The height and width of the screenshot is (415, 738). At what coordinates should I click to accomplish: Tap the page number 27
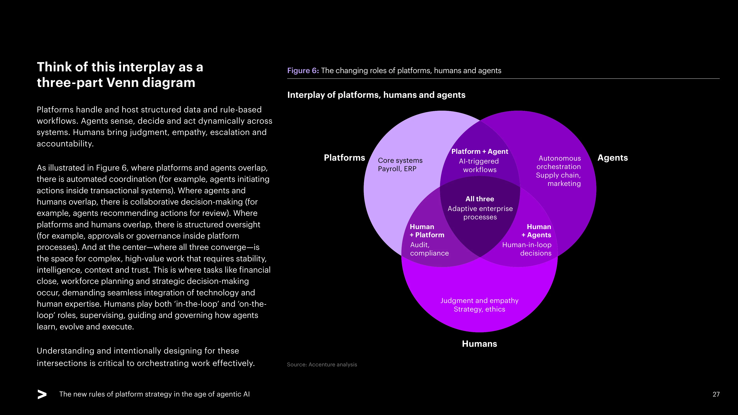point(716,394)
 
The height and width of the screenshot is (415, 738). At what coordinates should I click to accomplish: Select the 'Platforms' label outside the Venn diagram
point(344,158)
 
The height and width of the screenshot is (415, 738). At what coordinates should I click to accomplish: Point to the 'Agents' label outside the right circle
point(613,158)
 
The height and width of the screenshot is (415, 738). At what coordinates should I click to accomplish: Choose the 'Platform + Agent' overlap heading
point(480,151)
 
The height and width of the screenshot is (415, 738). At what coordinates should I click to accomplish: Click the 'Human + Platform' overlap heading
point(427,231)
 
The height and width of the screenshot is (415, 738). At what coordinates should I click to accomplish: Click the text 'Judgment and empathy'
point(479,301)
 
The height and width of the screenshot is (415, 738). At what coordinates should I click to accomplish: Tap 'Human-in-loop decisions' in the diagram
point(527,249)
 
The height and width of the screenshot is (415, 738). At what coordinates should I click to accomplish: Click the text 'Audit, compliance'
point(429,249)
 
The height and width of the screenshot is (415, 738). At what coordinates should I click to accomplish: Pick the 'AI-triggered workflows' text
point(479,165)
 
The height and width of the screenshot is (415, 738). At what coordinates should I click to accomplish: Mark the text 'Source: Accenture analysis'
point(322,365)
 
